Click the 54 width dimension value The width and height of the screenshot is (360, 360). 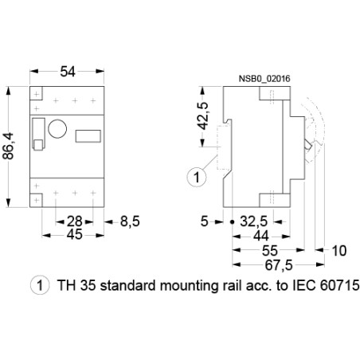coord(67,72)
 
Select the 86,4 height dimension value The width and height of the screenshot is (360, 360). coord(10,146)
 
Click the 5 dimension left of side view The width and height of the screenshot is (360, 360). coord(205,221)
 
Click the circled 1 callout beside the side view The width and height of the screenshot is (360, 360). coord(192,177)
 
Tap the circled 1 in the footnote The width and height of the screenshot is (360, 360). coord(36,284)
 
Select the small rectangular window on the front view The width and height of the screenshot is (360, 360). coord(87,135)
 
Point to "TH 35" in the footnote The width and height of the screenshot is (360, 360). coord(73,284)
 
